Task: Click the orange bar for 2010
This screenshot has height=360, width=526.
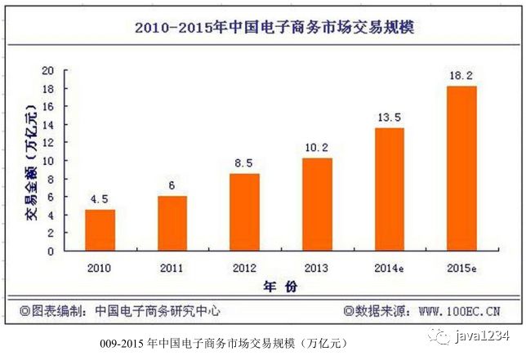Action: click(100, 230)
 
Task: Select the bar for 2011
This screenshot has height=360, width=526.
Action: click(172, 223)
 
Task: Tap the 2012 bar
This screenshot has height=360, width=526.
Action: click(244, 211)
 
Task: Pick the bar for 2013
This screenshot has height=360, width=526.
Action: click(317, 204)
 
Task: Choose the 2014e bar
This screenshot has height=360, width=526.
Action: click(389, 189)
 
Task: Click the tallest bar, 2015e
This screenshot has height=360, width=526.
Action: click(461, 168)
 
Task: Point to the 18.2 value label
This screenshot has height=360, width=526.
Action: click(461, 75)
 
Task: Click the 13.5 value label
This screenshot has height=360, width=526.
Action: click(390, 118)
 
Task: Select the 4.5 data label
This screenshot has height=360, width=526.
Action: click(100, 199)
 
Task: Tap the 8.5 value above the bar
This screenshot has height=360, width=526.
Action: click(244, 163)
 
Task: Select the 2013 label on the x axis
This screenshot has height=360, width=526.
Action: click(317, 266)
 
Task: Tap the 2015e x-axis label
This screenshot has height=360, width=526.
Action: click(461, 266)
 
